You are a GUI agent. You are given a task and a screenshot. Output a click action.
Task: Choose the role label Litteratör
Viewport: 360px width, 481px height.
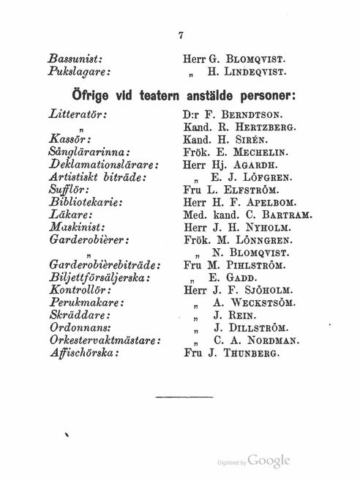coord(73,115)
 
